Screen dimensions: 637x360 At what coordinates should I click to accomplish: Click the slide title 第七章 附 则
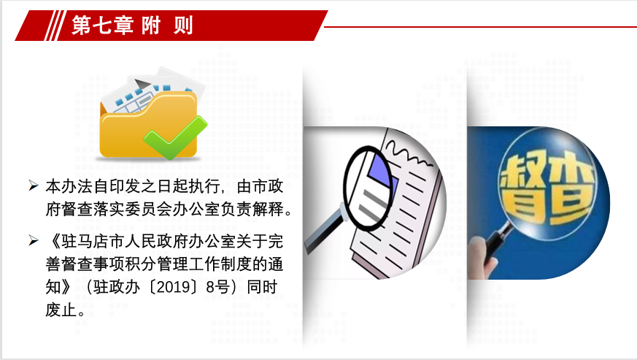pyautogui.click(x=132, y=26)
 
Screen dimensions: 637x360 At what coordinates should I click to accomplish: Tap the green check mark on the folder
pyautogui.click(x=175, y=137)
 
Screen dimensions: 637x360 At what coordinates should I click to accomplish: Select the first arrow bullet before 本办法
pyautogui.click(x=34, y=186)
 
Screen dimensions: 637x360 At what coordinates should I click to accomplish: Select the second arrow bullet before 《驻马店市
pyautogui.click(x=34, y=241)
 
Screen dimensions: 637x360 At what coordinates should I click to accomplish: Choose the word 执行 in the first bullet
pyautogui.click(x=204, y=187)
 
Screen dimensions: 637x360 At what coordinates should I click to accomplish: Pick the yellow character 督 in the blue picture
pyautogui.click(x=523, y=187)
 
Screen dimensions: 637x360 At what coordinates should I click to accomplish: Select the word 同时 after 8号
pyautogui.click(x=263, y=287)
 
